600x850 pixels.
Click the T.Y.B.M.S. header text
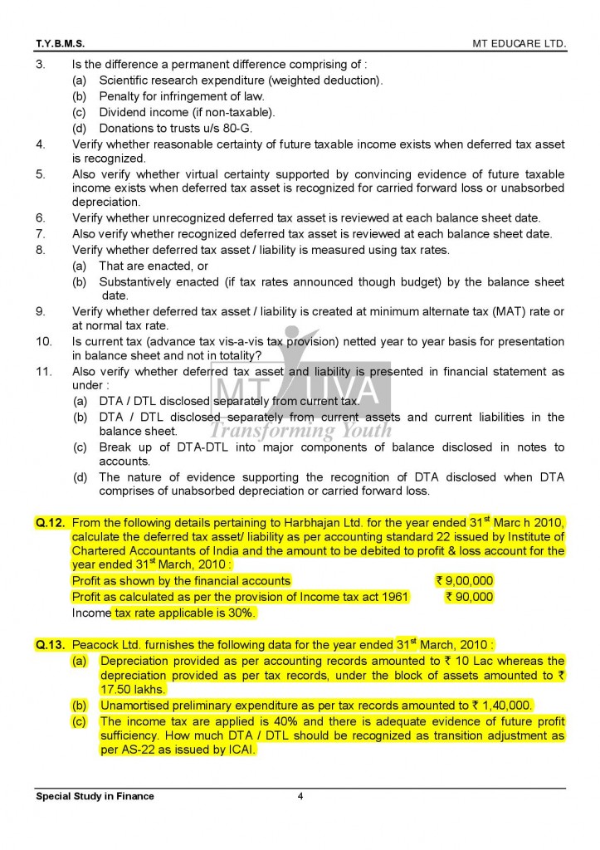pyautogui.click(x=60, y=41)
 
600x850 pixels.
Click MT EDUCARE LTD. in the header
pyautogui.click(x=519, y=41)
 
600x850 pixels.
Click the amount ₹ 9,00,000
pyautogui.click(x=464, y=581)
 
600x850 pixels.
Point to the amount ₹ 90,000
pyautogui.click(x=469, y=597)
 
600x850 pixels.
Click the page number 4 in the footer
pyautogui.click(x=300, y=796)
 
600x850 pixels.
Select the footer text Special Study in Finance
pyautogui.click(x=95, y=796)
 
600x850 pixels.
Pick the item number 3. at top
pyautogui.click(x=40, y=65)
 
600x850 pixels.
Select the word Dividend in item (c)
pyautogui.click(x=123, y=112)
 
